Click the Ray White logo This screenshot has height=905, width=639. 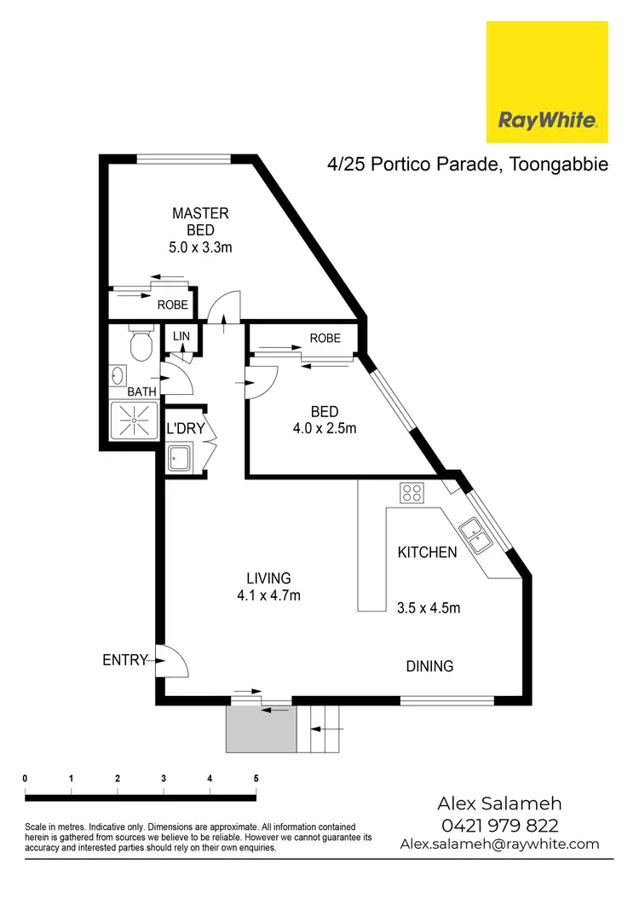click(x=546, y=83)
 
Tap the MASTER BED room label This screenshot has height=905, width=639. click(x=200, y=222)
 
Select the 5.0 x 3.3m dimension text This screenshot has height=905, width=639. click(x=200, y=247)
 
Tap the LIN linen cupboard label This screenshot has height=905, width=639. click(x=181, y=337)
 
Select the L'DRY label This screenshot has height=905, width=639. click(x=186, y=428)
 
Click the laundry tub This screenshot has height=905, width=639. click(x=180, y=460)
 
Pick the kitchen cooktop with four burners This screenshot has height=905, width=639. click(x=412, y=492)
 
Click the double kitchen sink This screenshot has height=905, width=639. click(x=473, y=533)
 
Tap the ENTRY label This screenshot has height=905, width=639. click(x=124, y=659)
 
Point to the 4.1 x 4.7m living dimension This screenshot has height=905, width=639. click(x=269, y=595)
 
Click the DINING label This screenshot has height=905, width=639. click(x=429, y=666)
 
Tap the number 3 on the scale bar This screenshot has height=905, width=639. click(x=164, y=778)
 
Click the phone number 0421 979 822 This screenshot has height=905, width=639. click(x=499, y=825)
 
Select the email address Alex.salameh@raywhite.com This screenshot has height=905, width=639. click(x=499, y=844)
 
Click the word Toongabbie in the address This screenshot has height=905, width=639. click(x=560, y=164)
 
